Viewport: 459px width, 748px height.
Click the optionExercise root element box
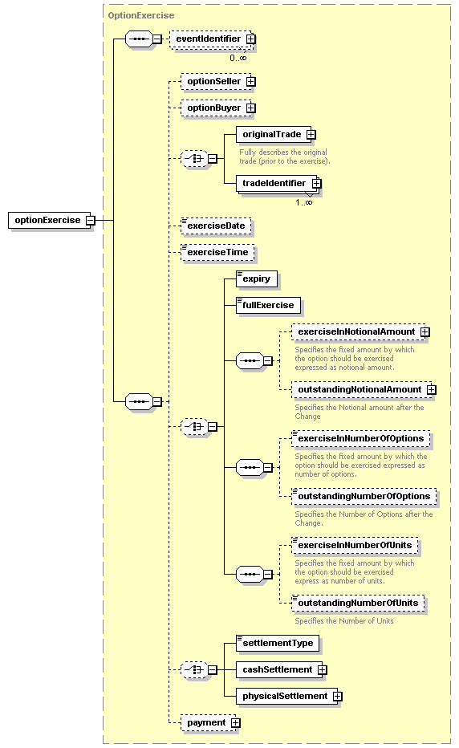click(52, 221)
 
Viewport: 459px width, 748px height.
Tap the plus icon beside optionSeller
click(251, 82)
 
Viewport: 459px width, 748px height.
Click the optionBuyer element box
click(218, 108)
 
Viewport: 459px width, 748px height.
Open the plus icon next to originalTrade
click(311, 135)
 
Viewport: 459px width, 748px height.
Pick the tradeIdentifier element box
click(278, 184)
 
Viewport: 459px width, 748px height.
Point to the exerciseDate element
click(216, 226)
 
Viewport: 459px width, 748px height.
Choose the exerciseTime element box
click(217, 252)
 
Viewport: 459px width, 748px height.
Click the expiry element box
click(257, 279)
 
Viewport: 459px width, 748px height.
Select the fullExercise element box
click(268, 305)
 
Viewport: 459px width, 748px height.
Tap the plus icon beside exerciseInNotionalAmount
click(425, 332)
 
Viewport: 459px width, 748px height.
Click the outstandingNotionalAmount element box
click(364, 390)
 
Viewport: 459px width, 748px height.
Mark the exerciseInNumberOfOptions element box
click(361, 439)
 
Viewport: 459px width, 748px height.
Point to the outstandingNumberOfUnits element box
click(358, 603)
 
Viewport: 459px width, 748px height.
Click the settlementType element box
click(278, 644)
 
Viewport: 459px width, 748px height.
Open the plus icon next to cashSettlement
click(323, 670)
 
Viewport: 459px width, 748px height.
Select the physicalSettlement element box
click(289, 697)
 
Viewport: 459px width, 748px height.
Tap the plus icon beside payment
click(236, 723)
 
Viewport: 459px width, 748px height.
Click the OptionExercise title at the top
click(141, 16)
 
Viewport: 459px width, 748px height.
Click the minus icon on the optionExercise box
click(91, 221)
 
